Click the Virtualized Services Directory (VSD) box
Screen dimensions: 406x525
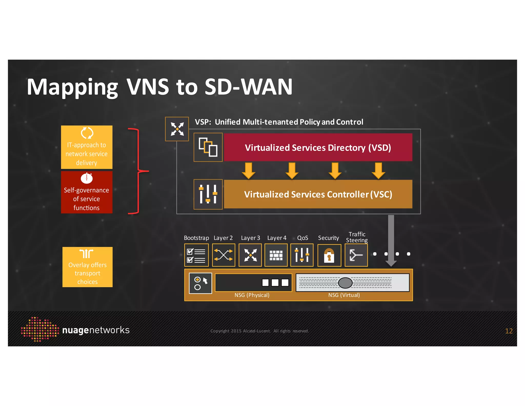coord(318,147)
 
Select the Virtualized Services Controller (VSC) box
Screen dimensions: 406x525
coord(318,194)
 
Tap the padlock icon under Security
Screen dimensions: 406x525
coord(329,255)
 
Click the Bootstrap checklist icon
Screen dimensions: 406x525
coord(196,255)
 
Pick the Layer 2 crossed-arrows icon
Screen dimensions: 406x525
coord(224,255)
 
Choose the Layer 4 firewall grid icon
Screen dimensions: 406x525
coord(276,255)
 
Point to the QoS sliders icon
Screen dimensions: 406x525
coord(302,255)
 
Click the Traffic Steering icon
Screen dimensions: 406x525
coord(356,255)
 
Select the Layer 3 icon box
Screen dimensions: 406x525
coord(250,255)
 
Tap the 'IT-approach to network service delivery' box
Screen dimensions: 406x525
coord(87,147)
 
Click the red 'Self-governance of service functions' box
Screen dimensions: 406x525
coord(87,192)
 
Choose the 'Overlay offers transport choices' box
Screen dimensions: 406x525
coord(87,267)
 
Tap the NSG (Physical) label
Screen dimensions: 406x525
coord(252,295)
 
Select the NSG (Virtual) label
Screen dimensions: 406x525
coord(344,295)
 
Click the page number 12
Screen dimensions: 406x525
coord(509,331)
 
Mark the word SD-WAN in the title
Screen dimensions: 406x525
coord(248,87)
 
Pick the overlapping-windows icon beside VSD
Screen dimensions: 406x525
coord(208,147)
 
